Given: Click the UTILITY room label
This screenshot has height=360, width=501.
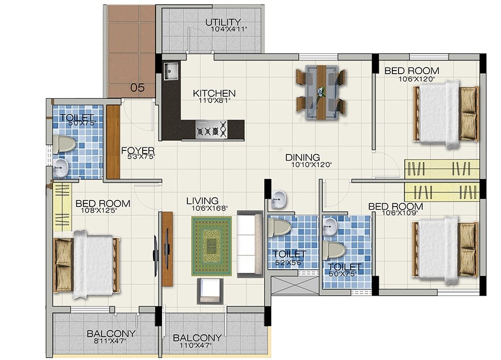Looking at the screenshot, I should click(223, 22).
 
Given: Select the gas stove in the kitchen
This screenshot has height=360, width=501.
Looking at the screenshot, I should click(212, 129).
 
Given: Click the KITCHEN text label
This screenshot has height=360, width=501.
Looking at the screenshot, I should click(214, 93).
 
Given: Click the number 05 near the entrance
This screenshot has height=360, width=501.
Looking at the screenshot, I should click(137, 88).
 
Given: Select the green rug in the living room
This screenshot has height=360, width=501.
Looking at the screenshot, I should click(212, 246).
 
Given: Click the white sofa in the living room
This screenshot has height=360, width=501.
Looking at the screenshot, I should click(250, 244).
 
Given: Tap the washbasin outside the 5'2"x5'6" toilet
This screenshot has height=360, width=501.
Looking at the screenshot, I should click(279, 198).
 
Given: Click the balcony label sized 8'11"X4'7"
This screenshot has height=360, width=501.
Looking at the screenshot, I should click(111, 333).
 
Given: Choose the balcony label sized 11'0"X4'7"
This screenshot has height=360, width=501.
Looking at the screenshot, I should click(197, 338).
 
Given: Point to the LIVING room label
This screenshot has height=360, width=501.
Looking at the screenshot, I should click(202, 200).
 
